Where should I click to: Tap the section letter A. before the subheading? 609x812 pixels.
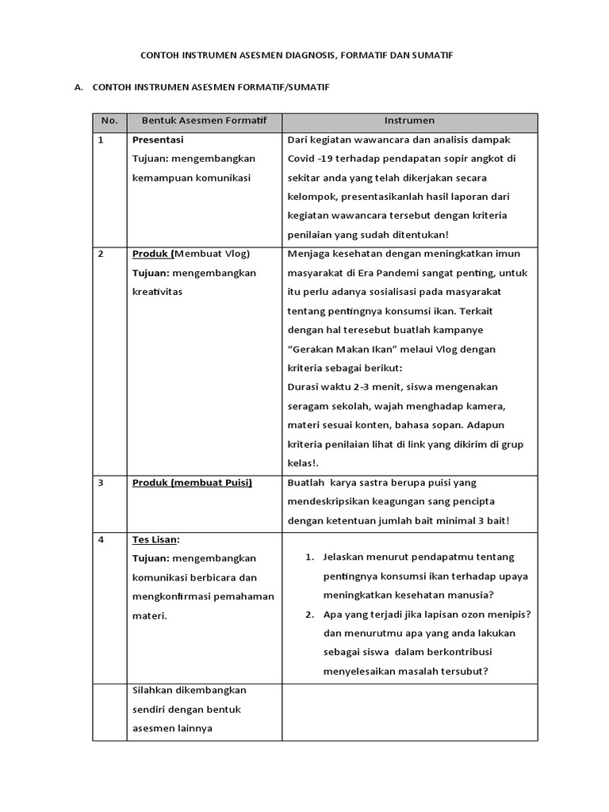click(79, 88)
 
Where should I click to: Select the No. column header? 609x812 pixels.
click(109, 121)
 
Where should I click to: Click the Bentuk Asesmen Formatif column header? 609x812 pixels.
click(204, 121)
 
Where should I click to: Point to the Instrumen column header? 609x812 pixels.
click(409, 121)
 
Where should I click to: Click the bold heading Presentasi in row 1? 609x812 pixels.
click(158, 140)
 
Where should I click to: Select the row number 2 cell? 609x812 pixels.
click(101, 255)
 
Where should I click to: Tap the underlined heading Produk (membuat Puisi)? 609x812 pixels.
click(192, 483)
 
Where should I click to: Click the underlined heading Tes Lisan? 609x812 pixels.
click(155, 540)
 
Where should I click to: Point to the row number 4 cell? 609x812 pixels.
click(101, 540)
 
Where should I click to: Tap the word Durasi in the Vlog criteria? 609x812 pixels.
click(304, 387)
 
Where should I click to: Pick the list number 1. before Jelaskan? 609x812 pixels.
click(310, 557)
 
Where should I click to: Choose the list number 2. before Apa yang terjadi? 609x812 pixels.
click(310, 615)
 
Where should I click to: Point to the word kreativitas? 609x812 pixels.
click(157, 292)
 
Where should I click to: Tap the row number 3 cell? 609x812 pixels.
click(101, 483)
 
